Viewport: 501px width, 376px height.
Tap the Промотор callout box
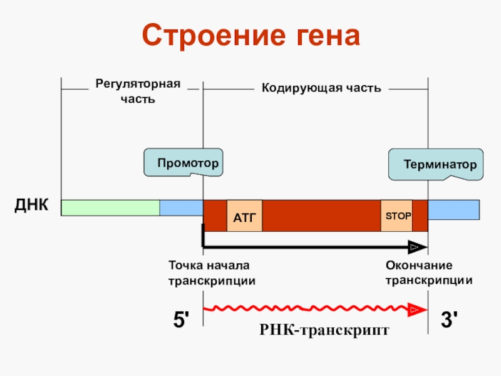point(187,164)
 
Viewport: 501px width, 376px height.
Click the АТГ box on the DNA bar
point(244,217)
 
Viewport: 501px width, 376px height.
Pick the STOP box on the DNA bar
point(397,216)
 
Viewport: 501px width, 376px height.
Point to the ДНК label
point(31,205)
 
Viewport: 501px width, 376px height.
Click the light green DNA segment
point(110,207)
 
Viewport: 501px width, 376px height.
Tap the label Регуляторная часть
point(137,91)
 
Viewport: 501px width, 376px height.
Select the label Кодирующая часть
point(321,88)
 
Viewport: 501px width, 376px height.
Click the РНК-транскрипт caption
point(324,330)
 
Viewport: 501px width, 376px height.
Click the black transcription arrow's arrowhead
point(416,246)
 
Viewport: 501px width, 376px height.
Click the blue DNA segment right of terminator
point(454,209)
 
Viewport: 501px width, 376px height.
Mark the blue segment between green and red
point(181,207)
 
